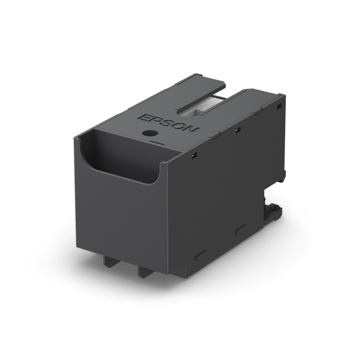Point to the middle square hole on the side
tap(237, 130)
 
